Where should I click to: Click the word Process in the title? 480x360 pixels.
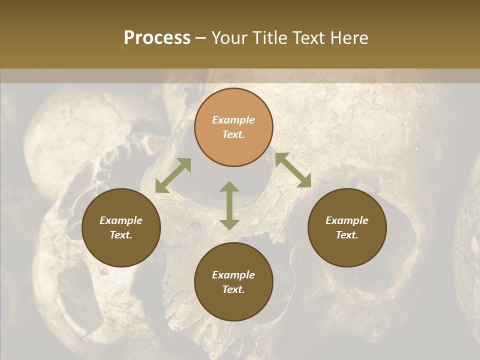pyautogui.click(x=157, y=38)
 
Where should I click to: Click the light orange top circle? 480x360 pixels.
pyautogui.click(x=233, y=127)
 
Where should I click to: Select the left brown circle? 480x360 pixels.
pyautogui.click(x=121, y=227)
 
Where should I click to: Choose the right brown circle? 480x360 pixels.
pyautogui.click(x=347, y=227)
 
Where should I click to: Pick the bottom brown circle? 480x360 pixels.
pyautogui.click(x=233, y=282)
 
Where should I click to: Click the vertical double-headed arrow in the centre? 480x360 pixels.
pyautogui.click(x=229, y=205)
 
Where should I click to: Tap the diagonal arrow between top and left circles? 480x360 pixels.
pyautogui.click(x=173, y=175)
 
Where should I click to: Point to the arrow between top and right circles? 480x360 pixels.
pyautogui.click(x=293, y=170)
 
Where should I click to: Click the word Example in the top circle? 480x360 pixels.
pyautogui.click(x=233, y=120)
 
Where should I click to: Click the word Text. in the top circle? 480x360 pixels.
pyautogui.click(x=233, y=134)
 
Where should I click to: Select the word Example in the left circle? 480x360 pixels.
pyautogui.click(x=121, y=220)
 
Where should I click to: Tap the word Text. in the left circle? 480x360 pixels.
pyautogui.click(x=121, y=235)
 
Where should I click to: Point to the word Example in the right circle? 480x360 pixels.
pyautogui.click(x=347, y=220)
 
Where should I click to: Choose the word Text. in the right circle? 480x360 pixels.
pyautogui.click(x=347, y=235)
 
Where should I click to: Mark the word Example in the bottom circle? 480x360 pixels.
pyautogui.click(x=233, y=275)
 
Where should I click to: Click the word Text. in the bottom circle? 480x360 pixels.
pyautogui.click(x=233, y=289)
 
